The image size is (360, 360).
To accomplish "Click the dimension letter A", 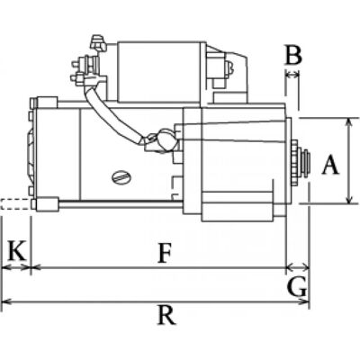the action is point(330,165).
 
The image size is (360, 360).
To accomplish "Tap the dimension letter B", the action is point(293,55).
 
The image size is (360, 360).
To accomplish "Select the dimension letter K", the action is point(17,250).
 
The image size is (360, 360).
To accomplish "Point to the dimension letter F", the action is point(165,253).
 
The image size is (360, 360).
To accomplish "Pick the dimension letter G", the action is point(297,287).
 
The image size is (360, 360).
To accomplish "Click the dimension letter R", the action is point(166,315).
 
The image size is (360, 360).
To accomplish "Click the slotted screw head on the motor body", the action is point(121,177).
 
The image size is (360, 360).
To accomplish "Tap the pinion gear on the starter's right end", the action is point(296,163).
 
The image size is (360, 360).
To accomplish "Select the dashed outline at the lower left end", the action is point(15,204).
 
